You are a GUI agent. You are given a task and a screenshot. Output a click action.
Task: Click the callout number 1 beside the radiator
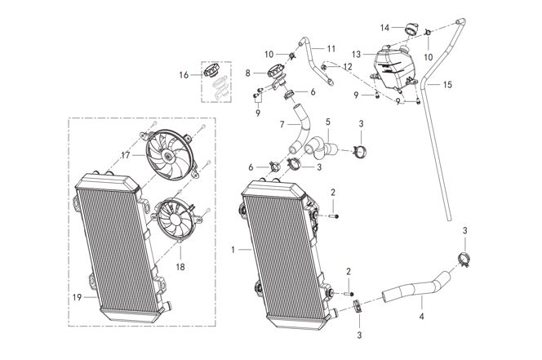233,249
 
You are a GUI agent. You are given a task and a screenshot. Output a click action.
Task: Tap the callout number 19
77,297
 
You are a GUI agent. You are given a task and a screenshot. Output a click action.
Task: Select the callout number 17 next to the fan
126,156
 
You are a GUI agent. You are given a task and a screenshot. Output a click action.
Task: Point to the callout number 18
180,267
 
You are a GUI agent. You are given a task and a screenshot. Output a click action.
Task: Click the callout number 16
184,75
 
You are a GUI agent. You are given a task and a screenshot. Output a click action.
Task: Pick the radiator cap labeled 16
211,71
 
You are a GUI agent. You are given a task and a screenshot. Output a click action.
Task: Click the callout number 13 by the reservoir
357,55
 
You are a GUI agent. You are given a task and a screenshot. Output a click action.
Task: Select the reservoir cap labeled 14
411,29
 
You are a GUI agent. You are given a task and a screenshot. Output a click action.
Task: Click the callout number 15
447,84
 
